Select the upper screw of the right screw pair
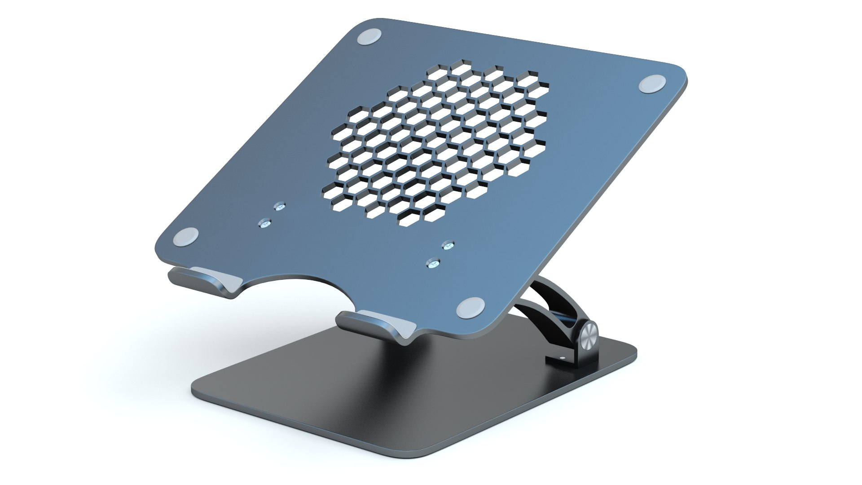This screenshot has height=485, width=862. point(448,245)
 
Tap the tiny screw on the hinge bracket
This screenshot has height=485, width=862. point(563,358)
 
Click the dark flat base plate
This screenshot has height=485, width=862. point(382,395)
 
